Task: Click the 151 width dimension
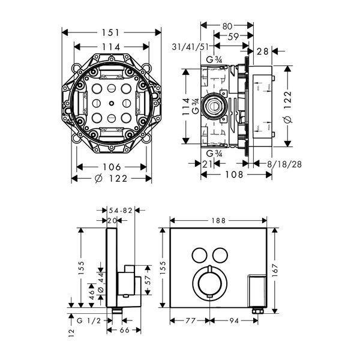point(110,32)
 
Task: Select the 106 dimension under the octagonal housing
point(112,167)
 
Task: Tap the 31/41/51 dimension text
point(190,47)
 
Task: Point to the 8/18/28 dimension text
point(284,164)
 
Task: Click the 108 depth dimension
point(234,175)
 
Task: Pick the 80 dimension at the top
point(227,26)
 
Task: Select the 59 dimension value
point(233,36)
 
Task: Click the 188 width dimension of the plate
point(218,221)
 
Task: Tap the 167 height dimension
point(275,270)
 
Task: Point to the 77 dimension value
point(190,320)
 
